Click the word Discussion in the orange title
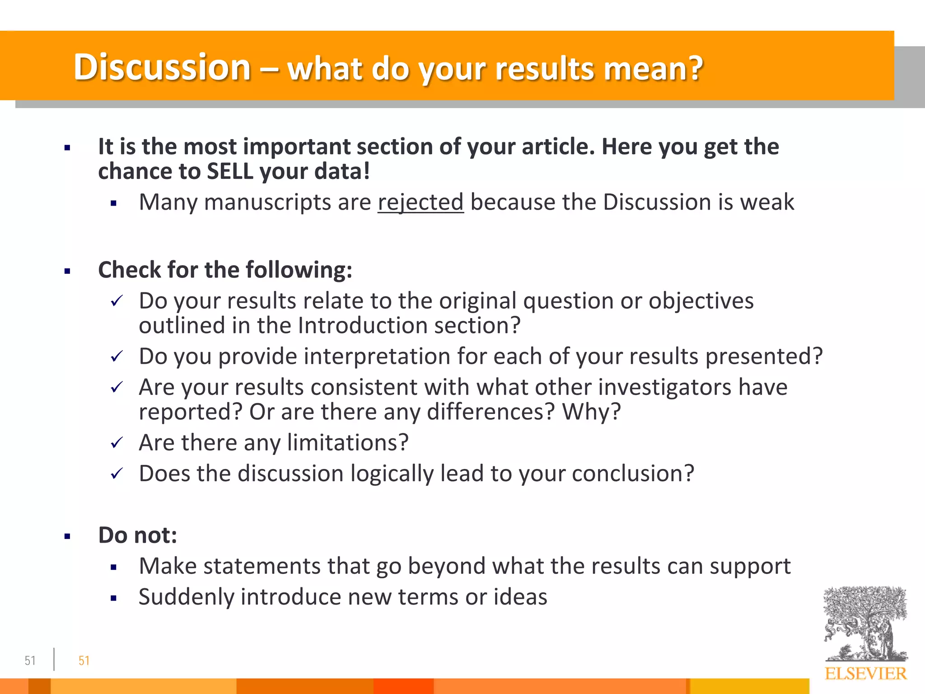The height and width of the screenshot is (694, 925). tap(162, 67)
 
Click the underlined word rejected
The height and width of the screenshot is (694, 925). tap(420, 202)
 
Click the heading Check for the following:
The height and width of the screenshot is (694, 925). tap(225, 270)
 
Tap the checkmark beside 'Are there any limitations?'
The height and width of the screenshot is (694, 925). tap(117, 443)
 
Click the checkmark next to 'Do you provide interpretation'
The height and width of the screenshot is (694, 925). tap(117, 357)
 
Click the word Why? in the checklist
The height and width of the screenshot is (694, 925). tap(591, 412)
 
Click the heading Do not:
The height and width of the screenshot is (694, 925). tap(137, 535)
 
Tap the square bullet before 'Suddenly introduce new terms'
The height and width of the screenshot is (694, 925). tap(113, 599)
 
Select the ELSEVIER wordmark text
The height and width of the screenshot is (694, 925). tap(865, 674)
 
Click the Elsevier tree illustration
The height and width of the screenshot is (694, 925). tap(865, 624)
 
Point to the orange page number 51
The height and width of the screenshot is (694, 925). tap(84, 661)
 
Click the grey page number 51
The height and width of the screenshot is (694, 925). tap(30, 661)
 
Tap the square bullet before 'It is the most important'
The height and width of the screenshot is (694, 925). tap(67, 148)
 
